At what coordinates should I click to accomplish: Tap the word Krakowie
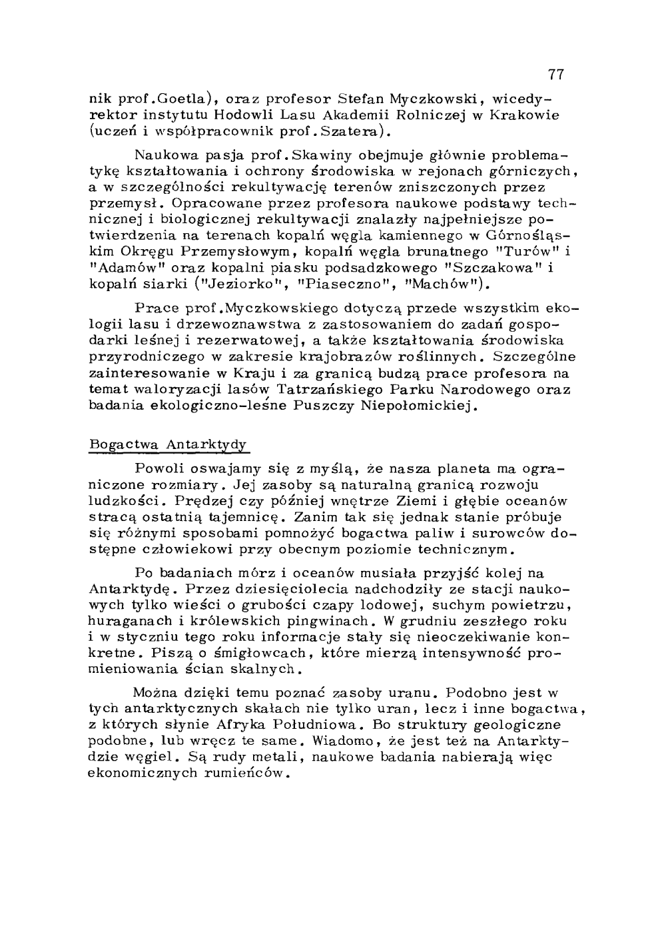point(526,115)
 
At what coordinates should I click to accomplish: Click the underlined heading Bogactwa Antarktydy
point(168,444)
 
